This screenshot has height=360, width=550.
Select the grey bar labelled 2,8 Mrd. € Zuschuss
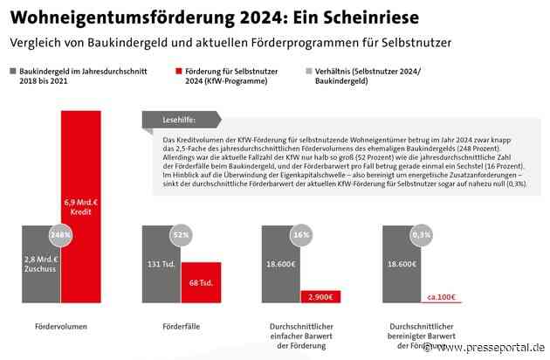[x=39, y=267]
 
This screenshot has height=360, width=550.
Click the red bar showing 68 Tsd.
[x=202, y=281]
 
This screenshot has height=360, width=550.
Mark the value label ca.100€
[x=443, y=296]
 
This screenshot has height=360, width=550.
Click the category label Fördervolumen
[x=60, y=327]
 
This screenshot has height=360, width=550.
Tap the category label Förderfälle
[x=182, y=327]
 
